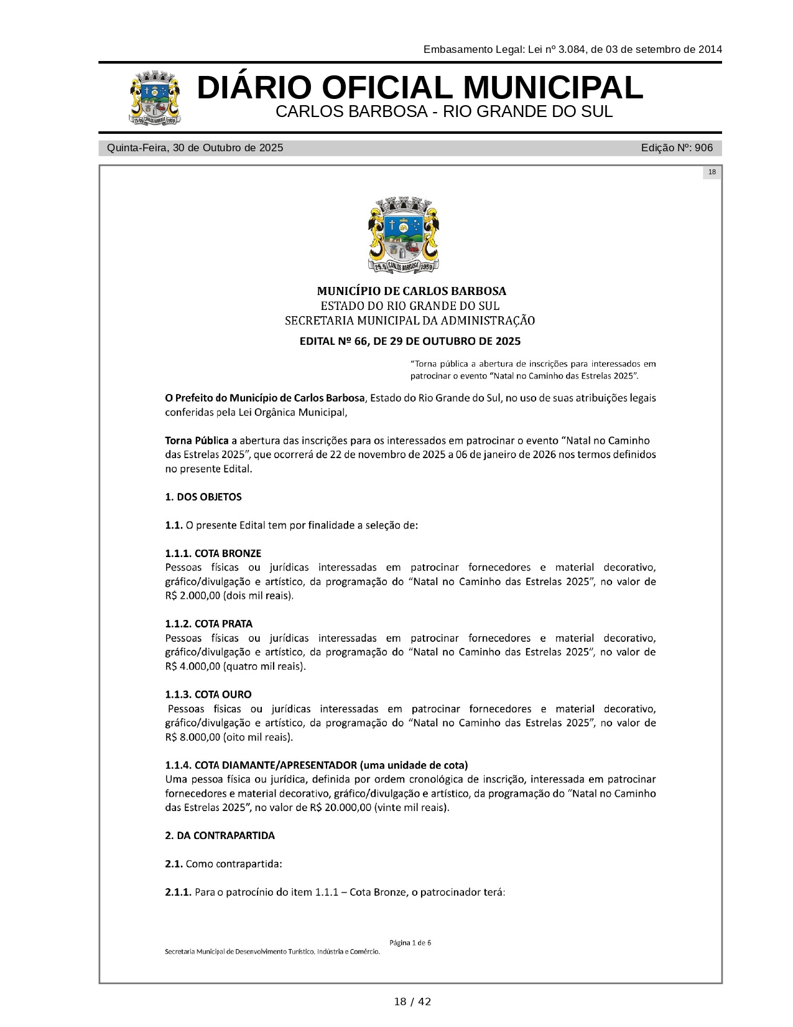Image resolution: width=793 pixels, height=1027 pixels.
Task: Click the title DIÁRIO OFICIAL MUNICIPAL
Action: point(420,88)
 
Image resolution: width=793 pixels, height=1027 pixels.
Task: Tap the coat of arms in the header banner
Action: point(155,98)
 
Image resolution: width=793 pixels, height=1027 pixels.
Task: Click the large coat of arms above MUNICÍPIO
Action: point(404,235)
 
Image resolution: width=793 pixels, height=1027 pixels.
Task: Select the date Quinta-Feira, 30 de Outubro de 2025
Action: point(195,148)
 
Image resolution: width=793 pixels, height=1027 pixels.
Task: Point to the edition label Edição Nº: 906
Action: point(677,148)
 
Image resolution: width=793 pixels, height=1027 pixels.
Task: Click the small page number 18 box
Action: point(712,172)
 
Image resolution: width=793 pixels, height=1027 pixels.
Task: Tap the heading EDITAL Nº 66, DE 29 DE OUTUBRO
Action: point(410,341)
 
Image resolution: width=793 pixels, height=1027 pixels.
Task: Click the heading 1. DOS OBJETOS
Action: point(203,497)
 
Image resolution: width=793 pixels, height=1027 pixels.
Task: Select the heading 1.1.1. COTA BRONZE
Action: point(213,553)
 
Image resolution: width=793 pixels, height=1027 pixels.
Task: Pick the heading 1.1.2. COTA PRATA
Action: point(208,624)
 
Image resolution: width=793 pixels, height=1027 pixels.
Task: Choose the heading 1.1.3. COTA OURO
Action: point(208,694)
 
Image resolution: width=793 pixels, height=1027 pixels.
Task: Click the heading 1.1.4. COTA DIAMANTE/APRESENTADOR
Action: point(316,765)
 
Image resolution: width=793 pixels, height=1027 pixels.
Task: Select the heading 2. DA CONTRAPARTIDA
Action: point(220,835)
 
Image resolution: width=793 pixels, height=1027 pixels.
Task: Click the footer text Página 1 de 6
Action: point(410,942)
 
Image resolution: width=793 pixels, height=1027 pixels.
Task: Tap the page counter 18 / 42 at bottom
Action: point(412,1001)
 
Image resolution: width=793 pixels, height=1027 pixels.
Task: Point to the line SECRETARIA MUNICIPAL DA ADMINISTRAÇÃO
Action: point(410,321)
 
